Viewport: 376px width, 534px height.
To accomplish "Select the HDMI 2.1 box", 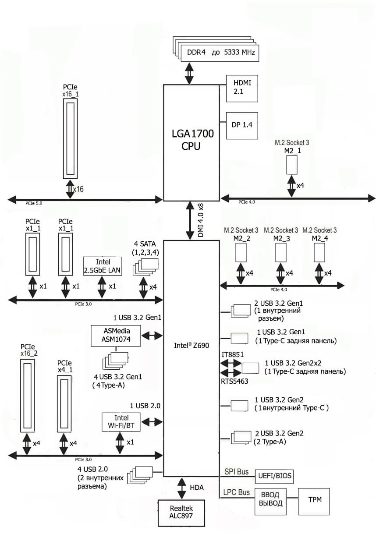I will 241,88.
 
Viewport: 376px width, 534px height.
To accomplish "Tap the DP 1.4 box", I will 241,125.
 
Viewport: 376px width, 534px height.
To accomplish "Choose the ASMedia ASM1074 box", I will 116,335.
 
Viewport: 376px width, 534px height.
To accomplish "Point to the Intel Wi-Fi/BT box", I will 121,422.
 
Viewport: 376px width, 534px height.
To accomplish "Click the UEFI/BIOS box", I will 274,475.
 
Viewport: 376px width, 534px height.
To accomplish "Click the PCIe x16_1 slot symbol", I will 71,138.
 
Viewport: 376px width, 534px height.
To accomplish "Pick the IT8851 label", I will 232,354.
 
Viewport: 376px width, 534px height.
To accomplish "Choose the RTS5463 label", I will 234,382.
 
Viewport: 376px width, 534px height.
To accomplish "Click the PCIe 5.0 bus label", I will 33,203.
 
